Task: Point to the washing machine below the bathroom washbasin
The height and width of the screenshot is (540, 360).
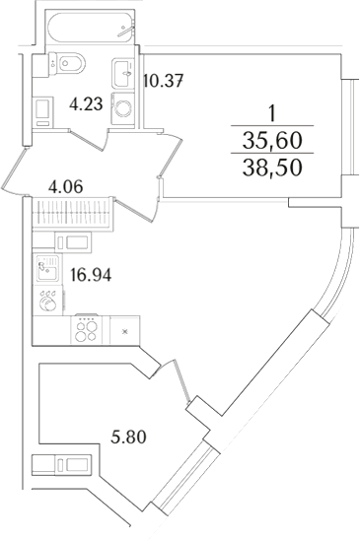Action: point(124,107)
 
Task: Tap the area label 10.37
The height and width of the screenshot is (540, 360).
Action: point(164,80)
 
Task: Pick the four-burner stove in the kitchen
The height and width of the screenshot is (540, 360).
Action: point(87,331)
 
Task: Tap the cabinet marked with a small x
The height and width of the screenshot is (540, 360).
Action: point(123,331)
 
